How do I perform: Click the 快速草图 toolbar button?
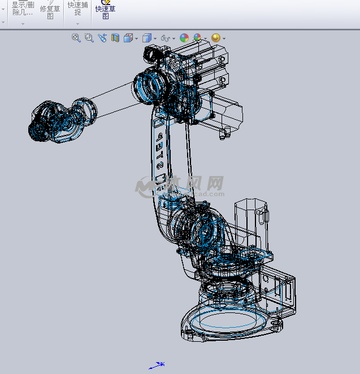point(106,10)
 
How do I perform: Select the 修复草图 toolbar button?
point(50,11)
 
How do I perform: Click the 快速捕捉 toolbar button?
point(77,8)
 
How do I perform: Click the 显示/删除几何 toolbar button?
point(23,8)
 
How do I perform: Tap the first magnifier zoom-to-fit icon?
point(76,38)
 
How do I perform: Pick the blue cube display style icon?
point(147,38)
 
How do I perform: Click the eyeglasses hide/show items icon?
point(166,38)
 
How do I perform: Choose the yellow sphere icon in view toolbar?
point(215,38)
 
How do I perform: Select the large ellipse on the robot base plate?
point(226,322)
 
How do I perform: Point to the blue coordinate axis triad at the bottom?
point(157,365)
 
